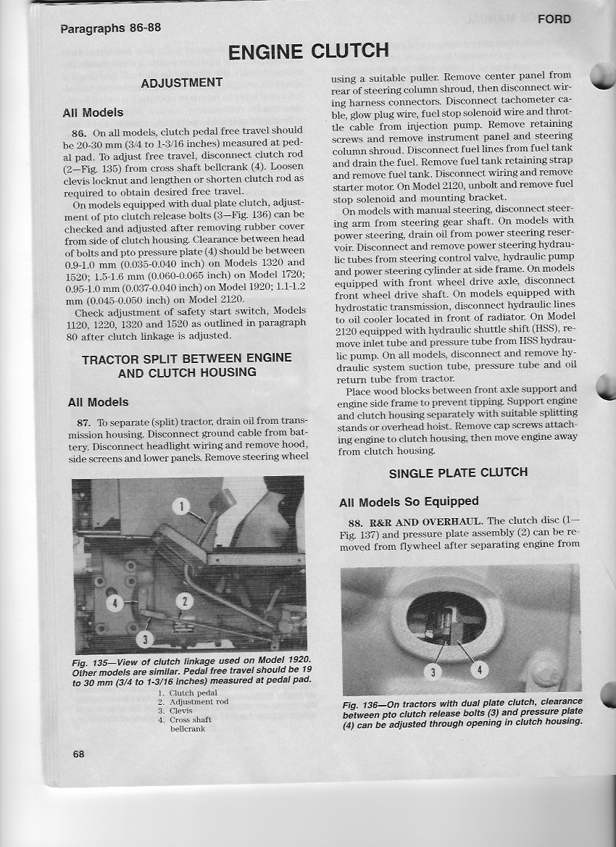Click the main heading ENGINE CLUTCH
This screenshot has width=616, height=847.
(x=309, y=52)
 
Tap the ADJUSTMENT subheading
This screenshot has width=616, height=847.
(x=181, y=83)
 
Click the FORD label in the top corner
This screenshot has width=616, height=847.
(x=554, y=20)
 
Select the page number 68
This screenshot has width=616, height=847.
(x=79, y=754)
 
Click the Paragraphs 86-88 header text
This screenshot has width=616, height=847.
(x=111, y=29)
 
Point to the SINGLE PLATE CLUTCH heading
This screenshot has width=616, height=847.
(x=458, y=473)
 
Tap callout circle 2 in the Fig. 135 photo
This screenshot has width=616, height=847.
(x=184, y=601)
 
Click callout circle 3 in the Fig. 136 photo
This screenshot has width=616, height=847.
(x=433, y=672)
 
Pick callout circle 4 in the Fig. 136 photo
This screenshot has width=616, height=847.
(x=479, y=669)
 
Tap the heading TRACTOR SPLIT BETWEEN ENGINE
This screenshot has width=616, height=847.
(x=187, y=358)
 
